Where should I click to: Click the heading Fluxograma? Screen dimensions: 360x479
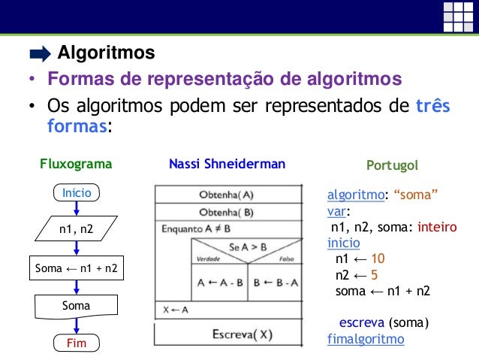(76, 164)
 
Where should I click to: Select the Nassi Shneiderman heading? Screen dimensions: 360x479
(227, 164)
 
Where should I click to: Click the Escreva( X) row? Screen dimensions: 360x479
(241, 333)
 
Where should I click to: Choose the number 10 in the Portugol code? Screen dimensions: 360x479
(378, 259)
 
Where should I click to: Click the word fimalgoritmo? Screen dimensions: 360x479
(366, 339)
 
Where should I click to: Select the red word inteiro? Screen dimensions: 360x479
(437, 228)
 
